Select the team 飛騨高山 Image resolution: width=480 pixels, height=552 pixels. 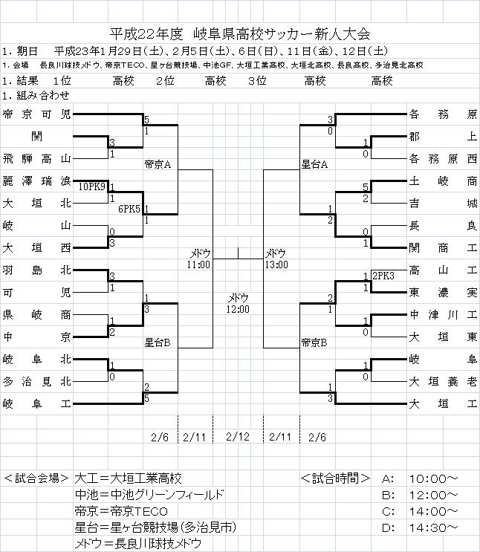(36, 158)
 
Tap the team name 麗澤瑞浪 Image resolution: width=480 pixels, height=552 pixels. (36, 181)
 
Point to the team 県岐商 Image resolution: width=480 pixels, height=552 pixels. (36, 314)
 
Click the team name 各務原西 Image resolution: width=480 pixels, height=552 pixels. (442, 158)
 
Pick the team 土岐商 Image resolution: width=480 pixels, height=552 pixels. (442, 181)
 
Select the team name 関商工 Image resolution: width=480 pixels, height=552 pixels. (442, 247)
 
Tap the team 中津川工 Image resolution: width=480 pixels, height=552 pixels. (442, 314)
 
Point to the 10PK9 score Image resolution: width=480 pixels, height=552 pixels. (92, 186)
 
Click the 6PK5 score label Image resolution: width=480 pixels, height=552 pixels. (129, 209)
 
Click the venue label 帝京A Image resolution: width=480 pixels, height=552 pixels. (158, 164)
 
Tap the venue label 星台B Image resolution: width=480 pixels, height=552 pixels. (158, 342)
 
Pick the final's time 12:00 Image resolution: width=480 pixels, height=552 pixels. (239, 308)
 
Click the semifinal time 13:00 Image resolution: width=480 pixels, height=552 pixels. (277, 264)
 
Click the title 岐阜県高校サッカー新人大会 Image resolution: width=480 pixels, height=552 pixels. (282, 33)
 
